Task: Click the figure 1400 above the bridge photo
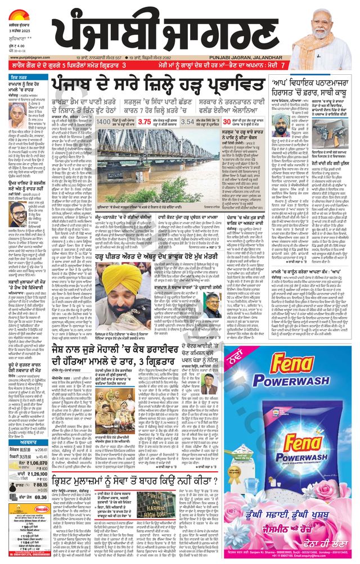tap(104, 121)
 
